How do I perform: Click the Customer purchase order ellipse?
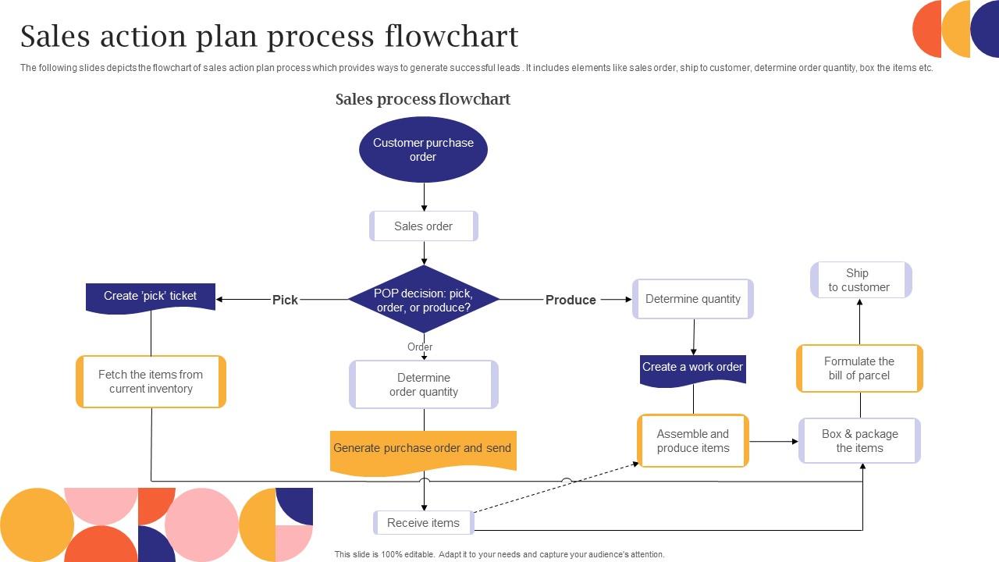pyautogui.click(x=423, y=150)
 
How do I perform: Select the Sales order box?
pyautogui.click(x=423, y=226)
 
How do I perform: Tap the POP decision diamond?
pyautogui.click(x=423, y=300)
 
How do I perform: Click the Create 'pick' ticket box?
pyautogui.click(x=151, y=297)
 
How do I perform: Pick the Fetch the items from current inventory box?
pyautogui.click(x=151, y=382)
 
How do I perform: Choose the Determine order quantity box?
pyautogui.click(x=424, y=385)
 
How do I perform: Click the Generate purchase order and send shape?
pyautogui.click(x=423, y=450)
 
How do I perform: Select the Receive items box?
pyautogui.click(x=424, y=523)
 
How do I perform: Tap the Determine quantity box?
pyautogui.click(x=693, y=299)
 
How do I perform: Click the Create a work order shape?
pyautogui.click(x=693, y=368)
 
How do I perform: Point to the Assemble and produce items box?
pyautogui.click(x=693, y=441)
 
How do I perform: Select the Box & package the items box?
pyautogui.click(x=859, y=441)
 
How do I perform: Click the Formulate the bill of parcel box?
pyautogui.click(x=859, y=368)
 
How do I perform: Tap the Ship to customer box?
pyautogui.click(x=860, y=280)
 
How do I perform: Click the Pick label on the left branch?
pyautogui.click(x=285, y=300)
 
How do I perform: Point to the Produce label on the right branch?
pyautogui.click(x=571, y=300)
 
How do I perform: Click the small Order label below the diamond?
pyautogui.click(x=420, y=347)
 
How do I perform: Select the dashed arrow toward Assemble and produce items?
pyautogui.click(x=556, y=488)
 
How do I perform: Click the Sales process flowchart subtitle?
pyautogui.click(x=423, y=99)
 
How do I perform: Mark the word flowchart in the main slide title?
pyautogui.click(x=451, y=37)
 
